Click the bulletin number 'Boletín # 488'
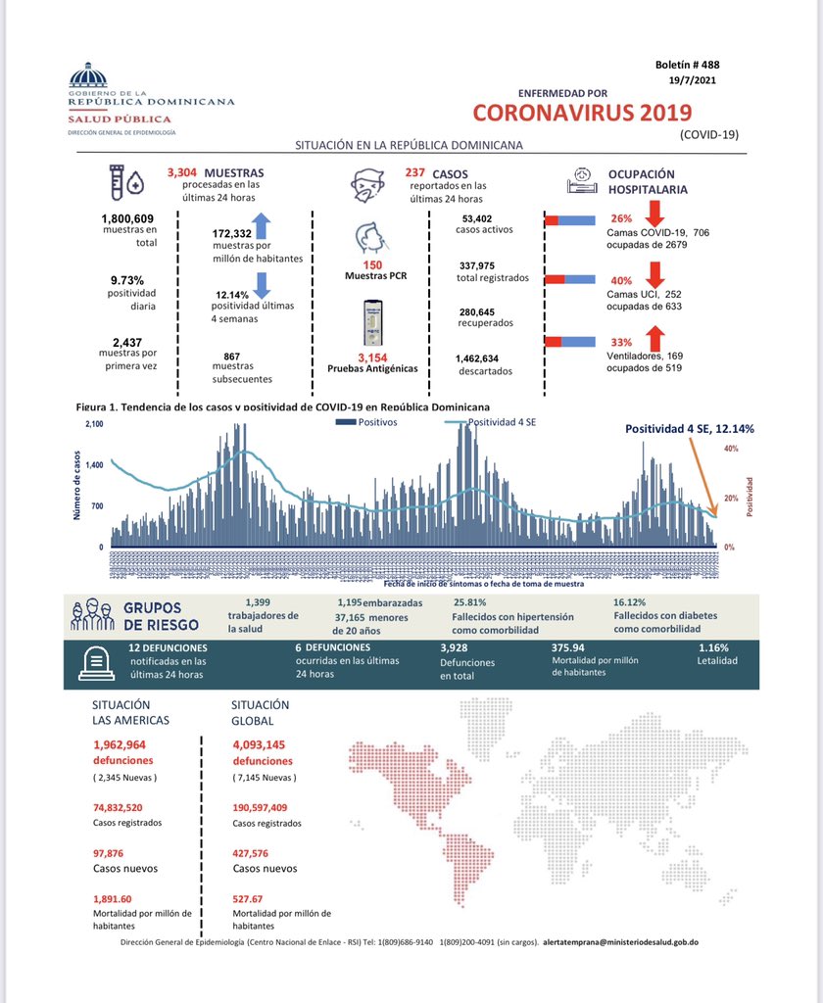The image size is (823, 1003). pos(688,65)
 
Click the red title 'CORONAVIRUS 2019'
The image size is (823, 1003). pos(581,112)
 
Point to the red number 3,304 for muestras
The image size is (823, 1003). pos(184,172)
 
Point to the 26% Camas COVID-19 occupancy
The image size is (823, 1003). pos(621,218)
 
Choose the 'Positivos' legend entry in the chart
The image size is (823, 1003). pos(376,423)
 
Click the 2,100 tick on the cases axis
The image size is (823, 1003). pos(94,424)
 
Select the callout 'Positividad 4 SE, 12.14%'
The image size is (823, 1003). pos(690,429)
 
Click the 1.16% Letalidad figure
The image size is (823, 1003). pos(712,647)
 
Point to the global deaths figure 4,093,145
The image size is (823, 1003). pos(259,744)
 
